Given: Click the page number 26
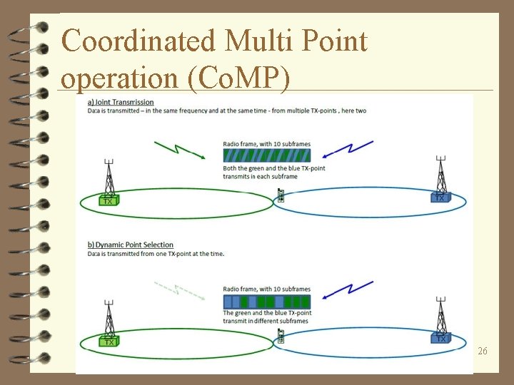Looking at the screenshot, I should (x=483, y=351).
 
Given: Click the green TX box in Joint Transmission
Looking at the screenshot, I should (x=109, y=200).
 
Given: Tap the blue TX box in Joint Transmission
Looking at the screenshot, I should (x=440, y=196).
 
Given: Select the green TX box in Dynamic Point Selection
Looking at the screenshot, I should (x=109, y=341).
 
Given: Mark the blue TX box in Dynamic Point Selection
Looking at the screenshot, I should (x=441, y=338).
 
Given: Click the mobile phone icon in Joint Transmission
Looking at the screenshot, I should (x=281, y=195).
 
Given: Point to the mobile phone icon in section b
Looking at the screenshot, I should (x=281, y=336).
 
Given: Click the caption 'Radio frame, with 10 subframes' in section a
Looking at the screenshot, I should (x=266, y=144).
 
